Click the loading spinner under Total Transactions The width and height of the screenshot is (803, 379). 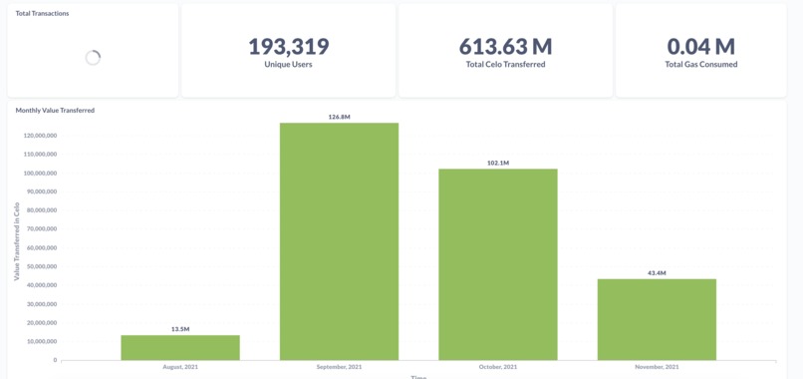click(x=93, y=58)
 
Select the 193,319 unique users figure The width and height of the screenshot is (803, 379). click(x=288, y=47)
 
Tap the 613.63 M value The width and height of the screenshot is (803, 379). click(x=505, y=47)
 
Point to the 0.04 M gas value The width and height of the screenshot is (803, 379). click(x=700, y=47)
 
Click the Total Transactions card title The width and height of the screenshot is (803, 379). click(x=43, y=14)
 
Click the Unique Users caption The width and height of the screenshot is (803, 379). click(x=288, y=65)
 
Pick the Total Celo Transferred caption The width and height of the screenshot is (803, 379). click(x=505, y=65)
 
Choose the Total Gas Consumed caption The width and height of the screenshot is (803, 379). click(x=701, y=65)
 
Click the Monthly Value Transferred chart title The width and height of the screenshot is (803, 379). click(x=55, y=111)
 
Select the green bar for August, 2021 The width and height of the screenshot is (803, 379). click(x=180, y=348)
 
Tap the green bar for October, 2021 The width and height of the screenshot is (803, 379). click(x=498, y=264)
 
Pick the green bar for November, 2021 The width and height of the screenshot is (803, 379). click(x=657, y=319)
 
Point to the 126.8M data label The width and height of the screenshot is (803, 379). click(x=339, y=118)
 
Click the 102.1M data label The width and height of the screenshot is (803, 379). click(x=498, y=163)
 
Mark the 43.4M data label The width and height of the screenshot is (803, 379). click(x=657, y=273)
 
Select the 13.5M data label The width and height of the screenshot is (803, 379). click(x=180, y=329)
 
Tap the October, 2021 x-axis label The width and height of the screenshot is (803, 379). click(x=498, y=367)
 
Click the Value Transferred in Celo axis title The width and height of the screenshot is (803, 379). click(x=17, y=241)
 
